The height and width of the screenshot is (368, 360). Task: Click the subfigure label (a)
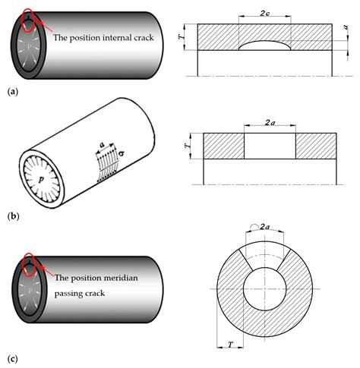tap(13, 91)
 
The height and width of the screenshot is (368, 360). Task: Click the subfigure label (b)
tap(14, 216)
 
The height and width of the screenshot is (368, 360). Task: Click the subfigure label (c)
tap(13, 359)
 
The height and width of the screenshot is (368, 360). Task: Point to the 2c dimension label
tap(264, 13)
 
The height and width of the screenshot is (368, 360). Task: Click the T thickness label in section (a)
tap(182, 36)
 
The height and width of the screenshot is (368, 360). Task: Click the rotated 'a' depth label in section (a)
tap(346, 27)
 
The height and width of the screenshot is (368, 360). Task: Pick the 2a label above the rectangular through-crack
tap(270, 123)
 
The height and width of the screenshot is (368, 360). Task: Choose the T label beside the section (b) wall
tap(187, 146)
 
